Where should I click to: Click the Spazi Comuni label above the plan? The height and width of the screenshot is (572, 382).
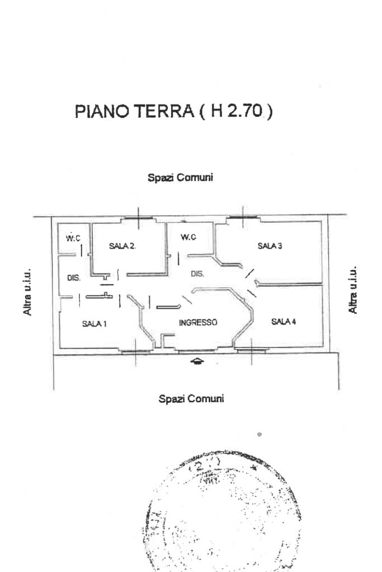coord(180,178)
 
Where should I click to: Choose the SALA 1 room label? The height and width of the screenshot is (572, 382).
coord(95,324)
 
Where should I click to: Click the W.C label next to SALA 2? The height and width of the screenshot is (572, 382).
coord(73,239)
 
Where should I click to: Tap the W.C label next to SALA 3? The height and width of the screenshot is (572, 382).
coord(188,237)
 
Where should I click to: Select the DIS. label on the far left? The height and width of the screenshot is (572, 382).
coord(74,278)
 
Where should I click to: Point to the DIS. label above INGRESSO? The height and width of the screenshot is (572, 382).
coord(197,274)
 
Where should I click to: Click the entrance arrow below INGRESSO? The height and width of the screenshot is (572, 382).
coord(197,361)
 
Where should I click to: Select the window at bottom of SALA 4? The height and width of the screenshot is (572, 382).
coord(251,350)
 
